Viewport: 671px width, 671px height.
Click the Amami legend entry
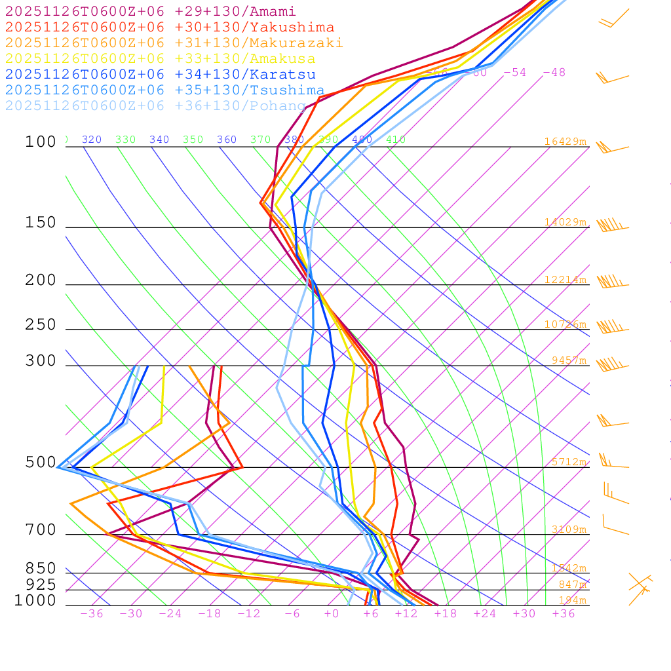[150, 12]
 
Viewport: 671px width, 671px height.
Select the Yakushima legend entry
[169, 28]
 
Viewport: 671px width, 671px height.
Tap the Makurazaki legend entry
[174, 43]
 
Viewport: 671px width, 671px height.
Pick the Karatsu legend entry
[160, 75]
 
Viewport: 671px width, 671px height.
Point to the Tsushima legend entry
[164, 90]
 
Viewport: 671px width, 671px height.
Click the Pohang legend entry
[155, 106]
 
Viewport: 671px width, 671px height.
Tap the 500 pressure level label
[41, 463]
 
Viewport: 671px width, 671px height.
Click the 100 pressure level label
[41, 142]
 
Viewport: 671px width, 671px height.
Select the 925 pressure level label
[41, 585]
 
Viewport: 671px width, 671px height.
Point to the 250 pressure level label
[41, 325]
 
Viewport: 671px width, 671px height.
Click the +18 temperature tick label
[445, 614]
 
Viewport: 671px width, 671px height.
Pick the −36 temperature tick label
[91, 614]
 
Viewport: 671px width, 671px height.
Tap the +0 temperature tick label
[331, 614]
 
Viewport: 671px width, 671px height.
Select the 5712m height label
[568, 462]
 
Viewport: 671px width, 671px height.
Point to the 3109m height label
[568, 529]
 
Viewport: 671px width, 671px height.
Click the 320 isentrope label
[92, 140]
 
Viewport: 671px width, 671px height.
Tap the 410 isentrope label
[396, 140]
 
